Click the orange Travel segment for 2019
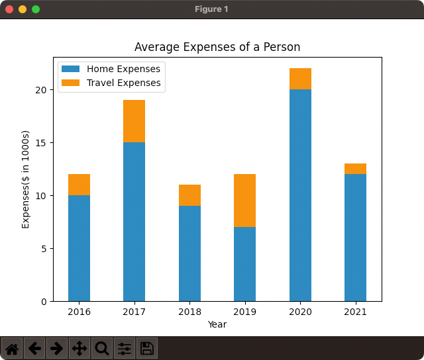[x=244, y=201]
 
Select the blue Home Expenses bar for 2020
[x=300, y=195]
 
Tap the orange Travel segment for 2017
[x=134, y=121]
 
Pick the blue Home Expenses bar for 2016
[x=79, y=248]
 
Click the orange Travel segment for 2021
[x=355, y=169]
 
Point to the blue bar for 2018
[x=189, y=253]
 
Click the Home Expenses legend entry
[x=123, y=69]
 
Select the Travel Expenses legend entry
[x=123, y=83]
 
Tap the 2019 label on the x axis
[x=244, y=312]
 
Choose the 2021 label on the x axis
[x=355, y=312]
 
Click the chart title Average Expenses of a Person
[x=217, y=47]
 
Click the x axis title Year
[x=217, y=324]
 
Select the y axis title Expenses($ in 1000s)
[x=26, y=179]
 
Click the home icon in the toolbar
[x=13, y=348]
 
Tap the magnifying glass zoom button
[x=102, y=348]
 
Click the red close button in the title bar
[x=9, y=9]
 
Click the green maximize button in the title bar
[x=36, y=9]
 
